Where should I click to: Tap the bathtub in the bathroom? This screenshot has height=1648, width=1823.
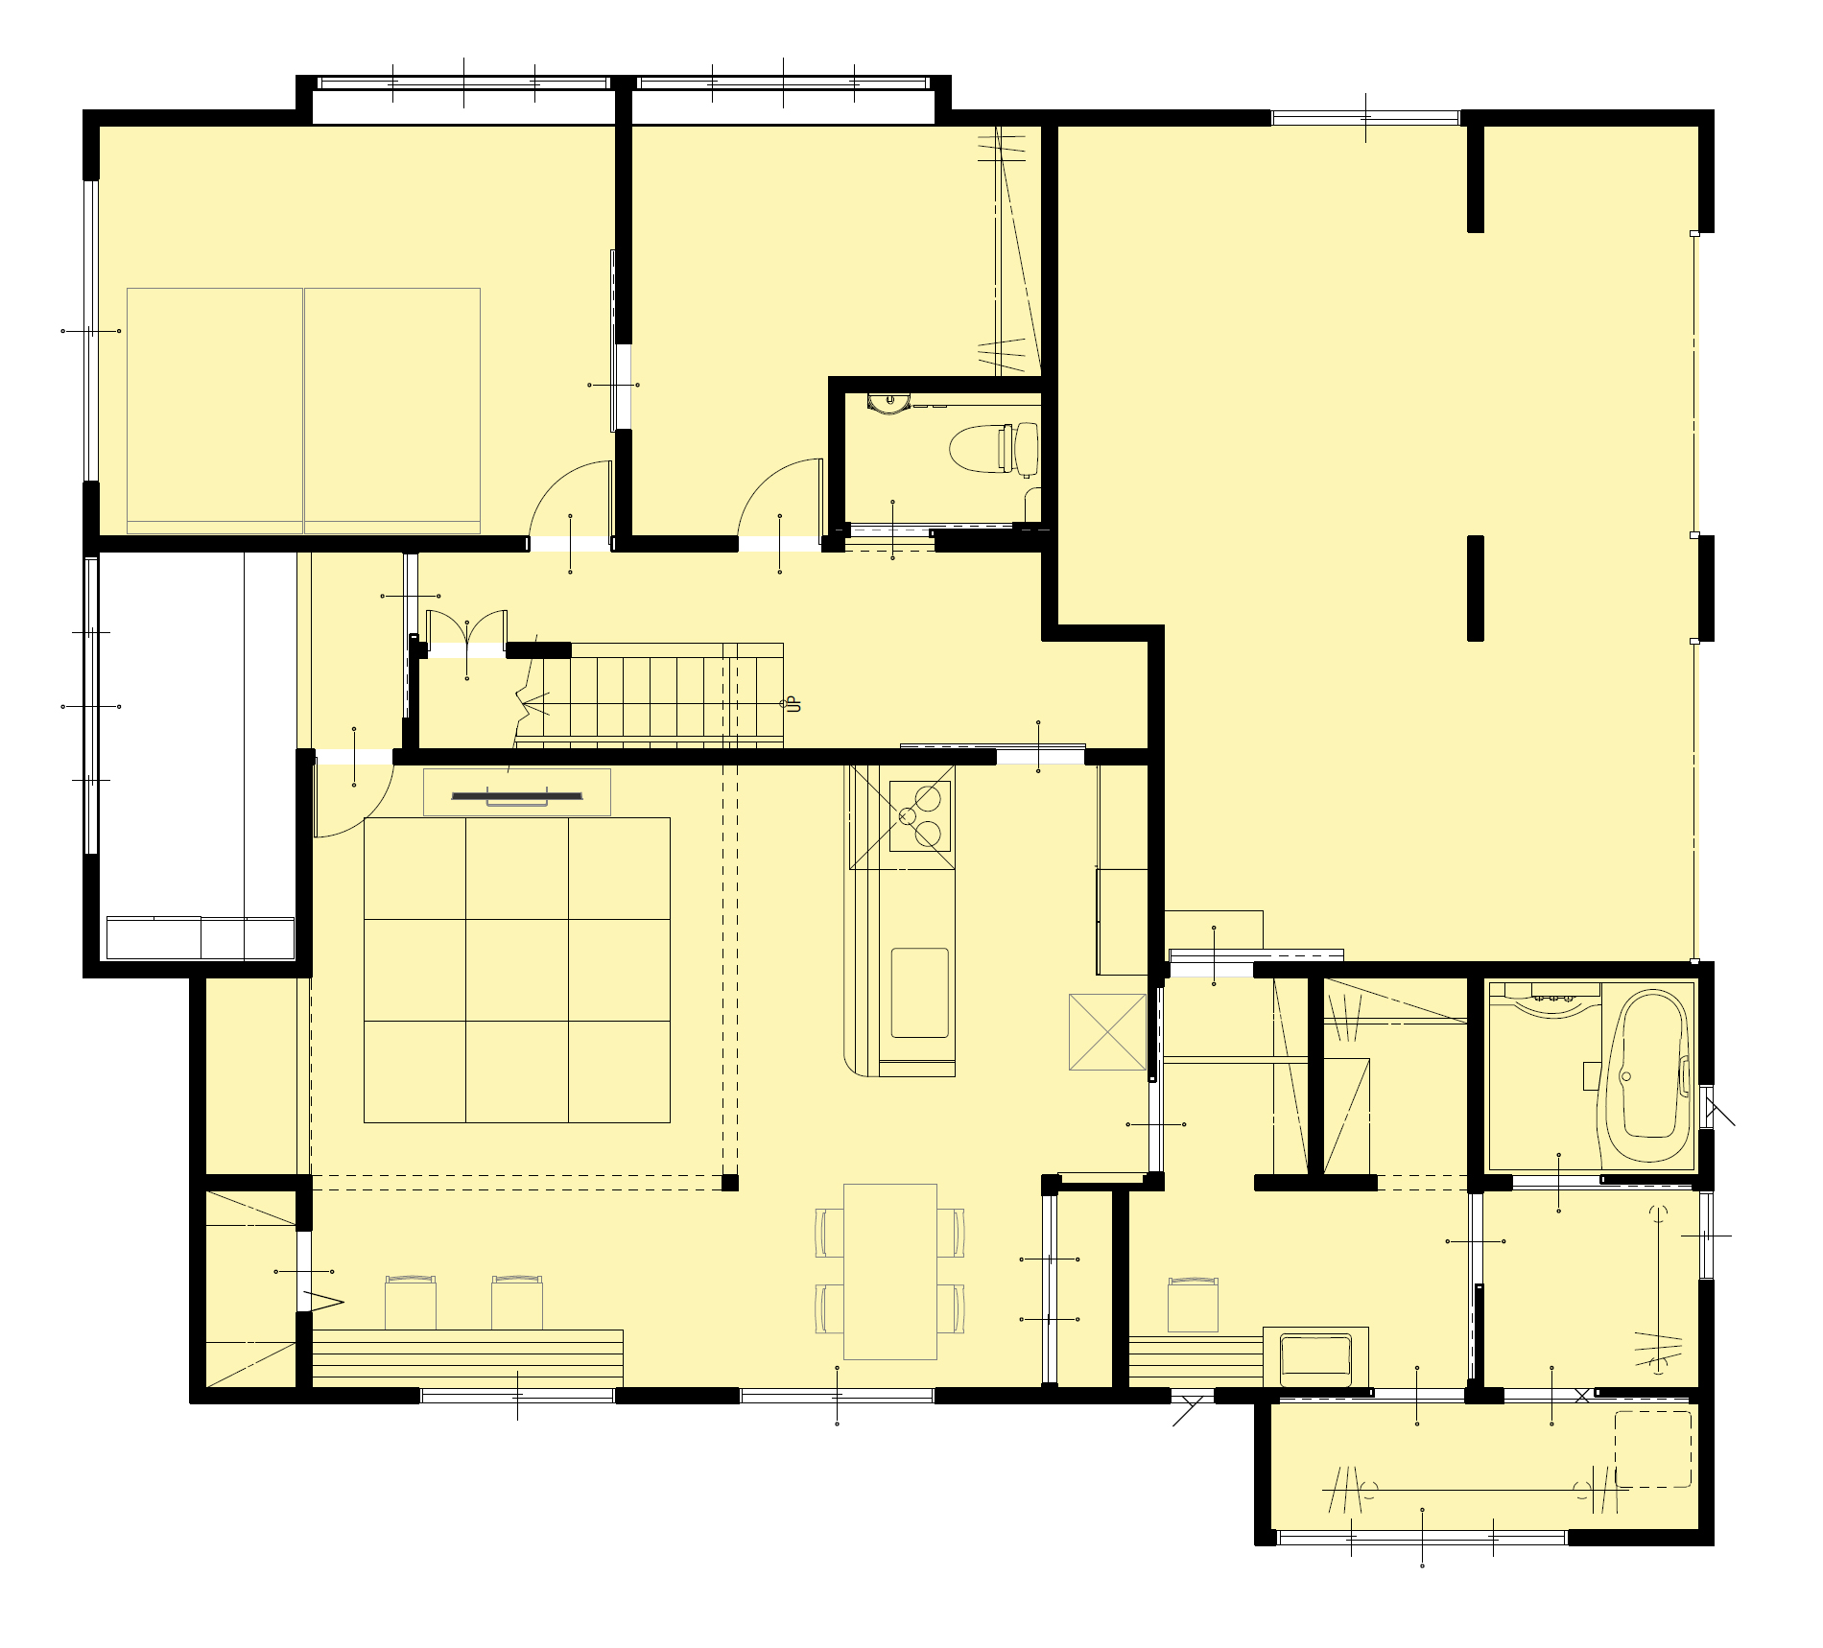[x=1648, y=1078]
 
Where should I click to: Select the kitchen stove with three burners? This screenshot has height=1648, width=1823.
[x=920, y=816]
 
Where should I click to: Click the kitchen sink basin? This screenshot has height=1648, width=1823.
[x=920, y=993]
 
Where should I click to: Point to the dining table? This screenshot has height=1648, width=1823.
[x=890, y=1271]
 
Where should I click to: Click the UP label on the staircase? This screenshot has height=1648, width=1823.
[x=793, y=705]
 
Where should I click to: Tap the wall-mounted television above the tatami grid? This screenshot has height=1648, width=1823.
[x=517, y=796]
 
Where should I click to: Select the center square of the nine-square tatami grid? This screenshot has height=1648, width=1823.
[x=517, y=970]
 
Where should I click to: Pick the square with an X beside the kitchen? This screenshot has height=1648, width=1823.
[x=1107, y=1031]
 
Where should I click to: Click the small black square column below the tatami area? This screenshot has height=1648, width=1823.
[x=730, y=1183]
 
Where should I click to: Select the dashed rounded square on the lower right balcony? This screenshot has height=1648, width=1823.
[x=1653, y=1448]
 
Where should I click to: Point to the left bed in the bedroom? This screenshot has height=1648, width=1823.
[x=215, y=410]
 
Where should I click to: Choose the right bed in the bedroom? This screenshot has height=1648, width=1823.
[x=392, y=410]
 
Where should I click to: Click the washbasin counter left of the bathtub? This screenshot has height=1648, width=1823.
[x=1544, y=999]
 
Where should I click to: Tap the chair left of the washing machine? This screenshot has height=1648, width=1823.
[x=1194, y=1305]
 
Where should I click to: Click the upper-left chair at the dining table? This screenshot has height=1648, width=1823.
[x=829, y=1233]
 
